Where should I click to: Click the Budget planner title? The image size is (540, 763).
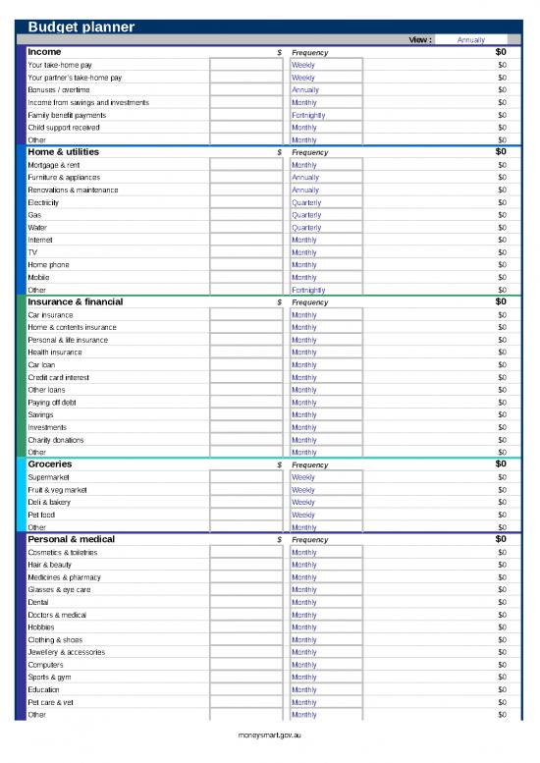click(81, 27)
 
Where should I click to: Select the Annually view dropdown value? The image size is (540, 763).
click(471, 40)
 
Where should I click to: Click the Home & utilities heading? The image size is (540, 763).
click(63, 152)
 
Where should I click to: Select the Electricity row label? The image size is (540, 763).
click(43, 202)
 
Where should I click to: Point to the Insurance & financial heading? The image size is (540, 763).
click(75, 301)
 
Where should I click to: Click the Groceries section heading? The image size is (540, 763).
click(50, 463)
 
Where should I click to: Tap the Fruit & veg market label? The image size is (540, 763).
click(57, 490)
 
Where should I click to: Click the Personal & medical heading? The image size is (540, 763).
click(71, 539)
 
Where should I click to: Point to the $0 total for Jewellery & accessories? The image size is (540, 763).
click(502, 652)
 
